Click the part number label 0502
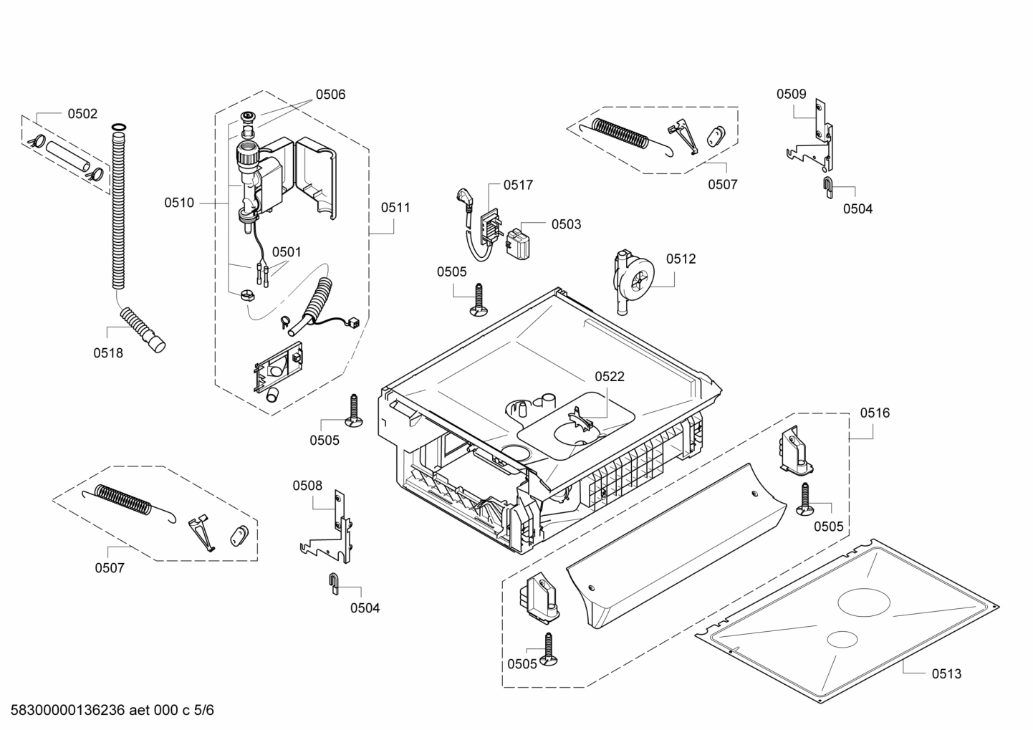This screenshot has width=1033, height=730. pyautogui.click(x=82, y=114)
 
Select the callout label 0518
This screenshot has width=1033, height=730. pyautogui.click(x=108, y=352)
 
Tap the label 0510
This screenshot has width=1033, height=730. pyautogui.click(x=178, y=203)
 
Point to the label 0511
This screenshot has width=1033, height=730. pyautogui.click(x=395, y=208)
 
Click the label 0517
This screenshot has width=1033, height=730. pyautogui.click(x=518, y=185)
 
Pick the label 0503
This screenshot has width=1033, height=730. pyautogui.click(x=566, y=224)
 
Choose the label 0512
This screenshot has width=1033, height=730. pyautogui.click(x=681, y=259)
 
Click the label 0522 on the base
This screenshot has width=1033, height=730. pyautogui.click(x=609, y=377)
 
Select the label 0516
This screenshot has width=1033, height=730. pyautogui.click(x=875, y=413)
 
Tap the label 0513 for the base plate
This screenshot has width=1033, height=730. pyautogui.click(x=946, y=673)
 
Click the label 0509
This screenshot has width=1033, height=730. pyautogui.click(x=792, y=94)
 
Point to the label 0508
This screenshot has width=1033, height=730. pyautogui.click(x=307, y=486)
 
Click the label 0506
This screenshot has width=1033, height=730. pyautogui.click(x=330, y=95)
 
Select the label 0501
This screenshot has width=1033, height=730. pyautogui.click(x=287, y=252)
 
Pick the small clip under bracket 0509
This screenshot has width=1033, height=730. pyautogui.click(x=827, y=186)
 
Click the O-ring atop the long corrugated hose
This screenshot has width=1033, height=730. pyautogui.click(x=119, y=128)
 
